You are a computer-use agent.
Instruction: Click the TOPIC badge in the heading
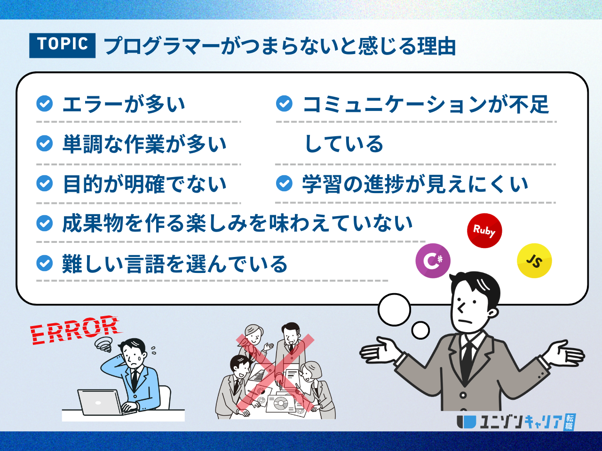(62, 46)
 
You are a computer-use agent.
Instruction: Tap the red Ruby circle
(484, 231)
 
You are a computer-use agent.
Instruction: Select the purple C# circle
(433, 261)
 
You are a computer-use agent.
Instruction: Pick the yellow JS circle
(534, 261)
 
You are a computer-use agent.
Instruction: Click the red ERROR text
(75, 330)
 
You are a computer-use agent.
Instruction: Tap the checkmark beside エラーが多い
(44, 103)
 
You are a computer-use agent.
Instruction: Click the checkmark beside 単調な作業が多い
(44, 143)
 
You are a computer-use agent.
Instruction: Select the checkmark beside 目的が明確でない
(44, 183)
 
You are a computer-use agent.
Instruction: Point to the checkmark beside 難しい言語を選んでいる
(44, 263)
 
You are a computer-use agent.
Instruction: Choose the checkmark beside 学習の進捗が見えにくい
(284, 183)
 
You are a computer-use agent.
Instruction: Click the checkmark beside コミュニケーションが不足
(284, 103)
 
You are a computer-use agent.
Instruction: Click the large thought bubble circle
(394, 310)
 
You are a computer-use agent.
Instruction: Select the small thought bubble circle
(420, 330)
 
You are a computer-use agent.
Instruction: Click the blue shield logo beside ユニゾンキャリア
(466, 422)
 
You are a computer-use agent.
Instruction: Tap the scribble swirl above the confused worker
(103, 344)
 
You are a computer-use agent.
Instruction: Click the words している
(344, 144)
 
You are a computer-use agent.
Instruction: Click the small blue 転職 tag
(570, 422)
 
